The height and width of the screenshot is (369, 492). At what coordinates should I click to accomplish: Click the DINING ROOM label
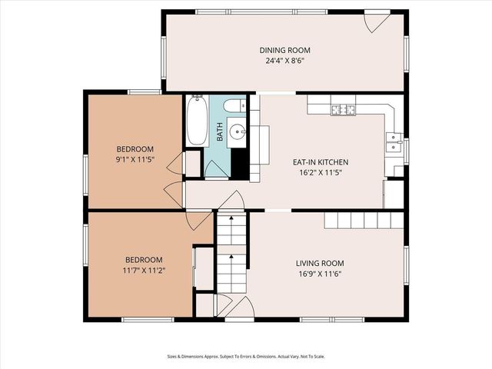pos(284,50)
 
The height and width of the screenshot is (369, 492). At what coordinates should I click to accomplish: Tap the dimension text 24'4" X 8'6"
pos(284,61)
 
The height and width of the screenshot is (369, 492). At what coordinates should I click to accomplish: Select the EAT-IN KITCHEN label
pos(321,162)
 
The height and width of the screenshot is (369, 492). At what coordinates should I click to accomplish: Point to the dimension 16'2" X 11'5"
pos(321,173)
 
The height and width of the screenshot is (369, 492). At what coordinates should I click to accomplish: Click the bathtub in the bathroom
pos(196,121)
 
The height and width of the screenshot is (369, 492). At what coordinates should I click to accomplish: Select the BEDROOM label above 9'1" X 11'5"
pos(135,149)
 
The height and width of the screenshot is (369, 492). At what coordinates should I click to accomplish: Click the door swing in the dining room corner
pos(377,22)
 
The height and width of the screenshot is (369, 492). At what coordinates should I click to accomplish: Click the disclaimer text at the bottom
pos(245,356)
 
